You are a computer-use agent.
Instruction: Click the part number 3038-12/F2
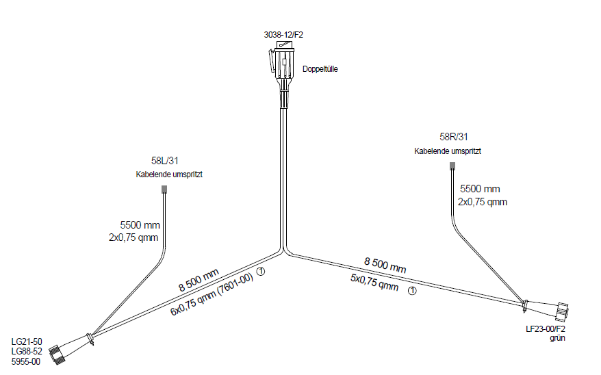click(x=283, y=35)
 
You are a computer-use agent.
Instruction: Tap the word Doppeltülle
click(x=320, y=69)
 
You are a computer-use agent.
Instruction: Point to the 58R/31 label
click(x=453, y=137)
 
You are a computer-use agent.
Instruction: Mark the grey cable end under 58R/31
click(x=451, y=166)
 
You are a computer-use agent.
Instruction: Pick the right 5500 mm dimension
click(x=480, y=188)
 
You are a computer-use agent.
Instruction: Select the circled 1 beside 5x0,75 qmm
click(x=412, y=290)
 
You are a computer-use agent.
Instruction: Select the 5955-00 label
click(x=27, y=361)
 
